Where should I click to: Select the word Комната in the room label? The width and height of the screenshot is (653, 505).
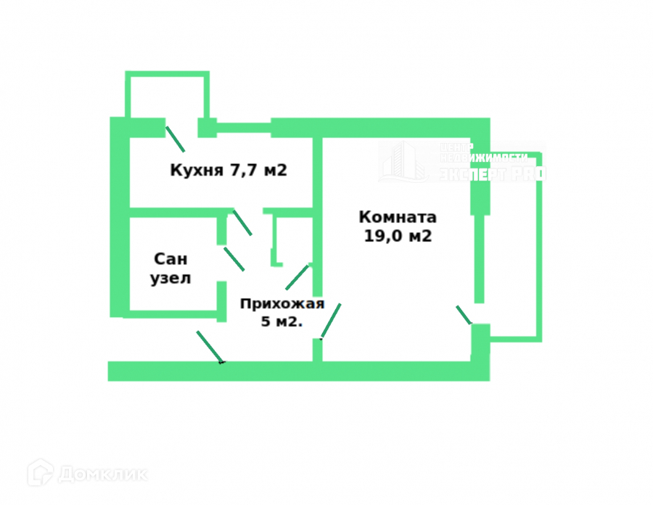398,217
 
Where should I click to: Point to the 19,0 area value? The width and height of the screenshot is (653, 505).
385,236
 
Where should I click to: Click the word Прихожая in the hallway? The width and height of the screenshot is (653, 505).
282,304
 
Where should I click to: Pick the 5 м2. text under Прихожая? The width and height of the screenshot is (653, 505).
282,321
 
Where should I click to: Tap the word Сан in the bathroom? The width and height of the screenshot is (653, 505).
171,259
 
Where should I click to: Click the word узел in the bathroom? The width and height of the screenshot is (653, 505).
171,278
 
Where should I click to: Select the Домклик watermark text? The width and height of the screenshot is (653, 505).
103,475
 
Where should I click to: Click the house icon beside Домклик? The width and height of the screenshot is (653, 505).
41,473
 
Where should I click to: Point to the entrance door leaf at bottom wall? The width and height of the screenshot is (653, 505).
210,347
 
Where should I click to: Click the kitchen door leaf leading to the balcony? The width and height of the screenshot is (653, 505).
175,138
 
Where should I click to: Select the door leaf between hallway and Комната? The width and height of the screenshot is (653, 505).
331,321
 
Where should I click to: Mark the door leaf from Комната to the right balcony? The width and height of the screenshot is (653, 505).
464,315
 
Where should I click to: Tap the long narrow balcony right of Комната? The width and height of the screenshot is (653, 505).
512,247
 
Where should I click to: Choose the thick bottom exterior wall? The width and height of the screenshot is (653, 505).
297,371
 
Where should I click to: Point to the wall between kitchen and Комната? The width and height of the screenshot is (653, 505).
317,174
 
